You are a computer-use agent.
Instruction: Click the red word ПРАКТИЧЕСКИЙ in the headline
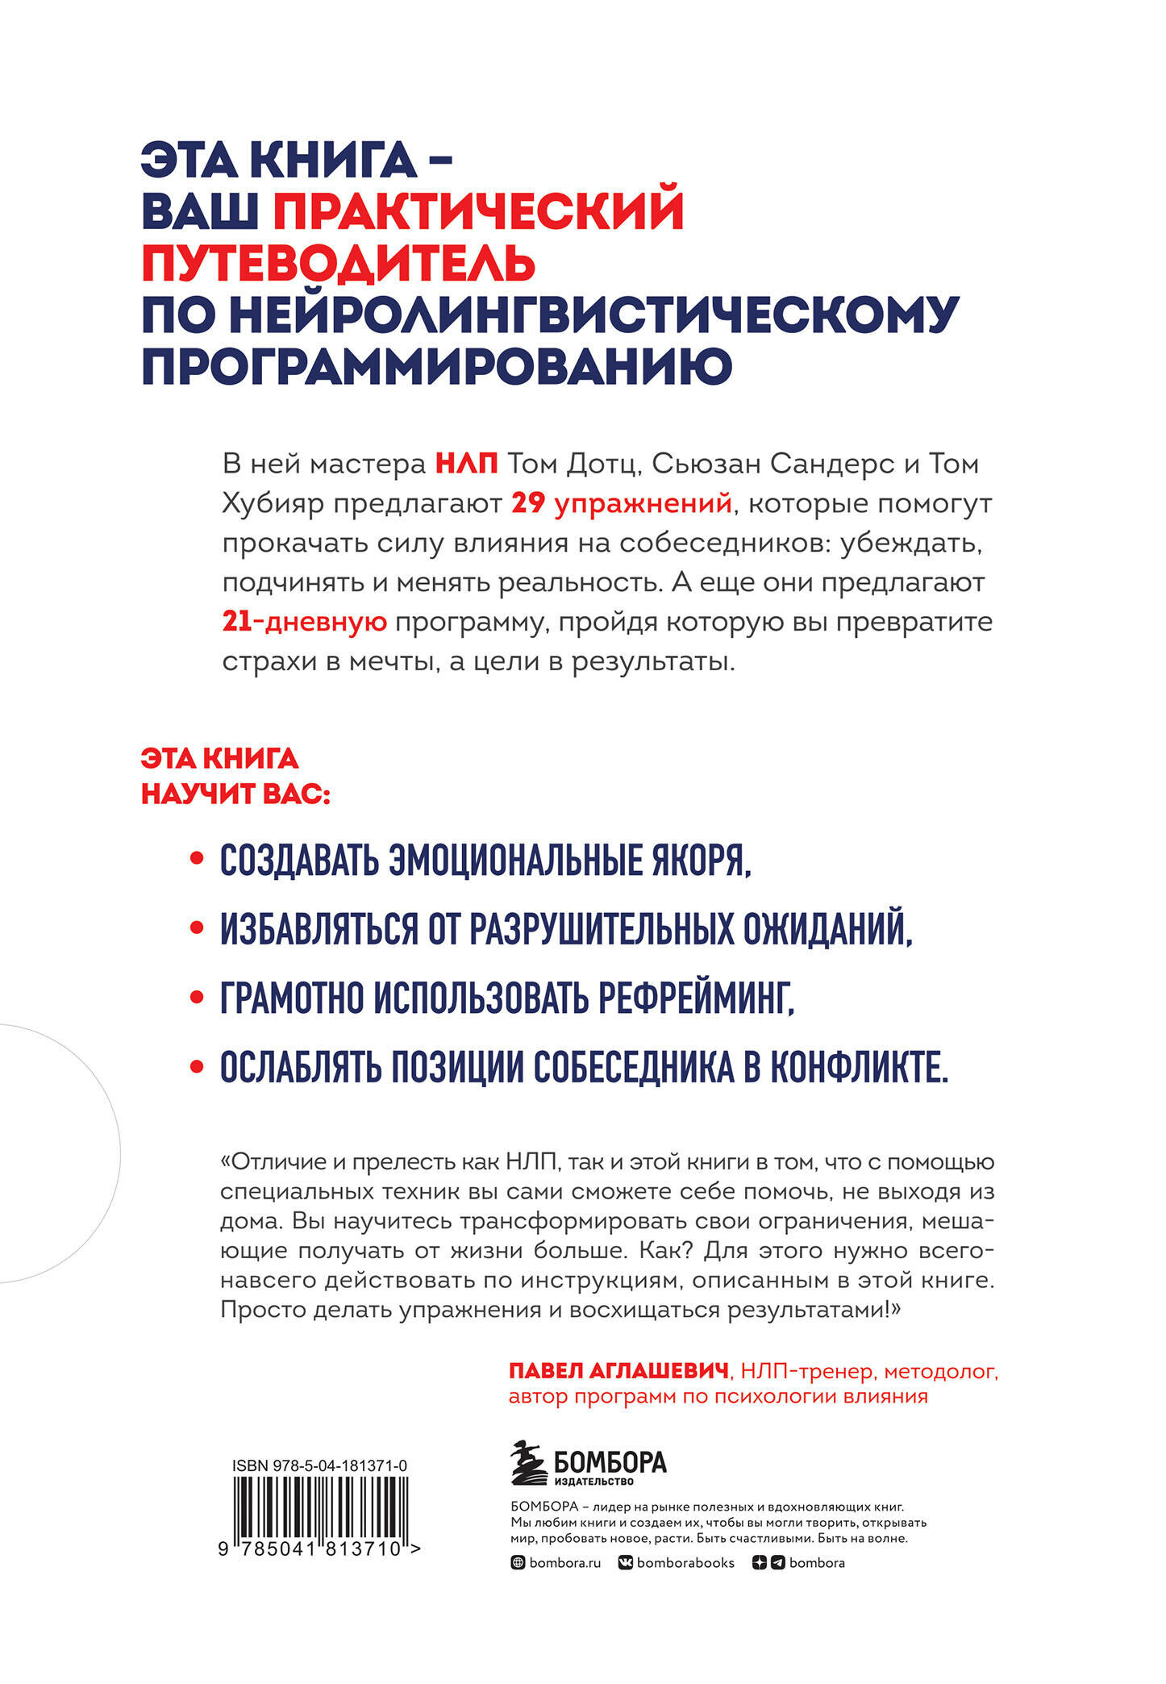coord(478,212)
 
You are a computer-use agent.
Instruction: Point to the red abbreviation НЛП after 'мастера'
coord(466,465)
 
